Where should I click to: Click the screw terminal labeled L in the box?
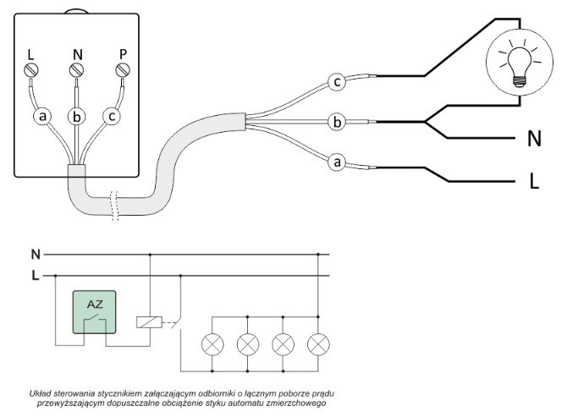coord(31,70)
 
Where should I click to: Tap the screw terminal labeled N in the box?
coord(76,70)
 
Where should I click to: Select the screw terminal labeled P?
coord(123,70)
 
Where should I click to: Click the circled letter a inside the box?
coord(42,117)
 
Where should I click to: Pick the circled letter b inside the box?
coord(76,117)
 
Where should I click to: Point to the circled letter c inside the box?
coord(112,117)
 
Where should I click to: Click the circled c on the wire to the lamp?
coord(337,82)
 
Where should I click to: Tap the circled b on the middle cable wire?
coord(337,122)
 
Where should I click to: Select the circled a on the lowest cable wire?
coord(337,162)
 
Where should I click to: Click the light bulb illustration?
coord(520,62)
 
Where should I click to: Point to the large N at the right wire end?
coord(534,139)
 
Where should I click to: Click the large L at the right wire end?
coord(534,181)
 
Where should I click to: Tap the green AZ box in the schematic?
coord(95,312)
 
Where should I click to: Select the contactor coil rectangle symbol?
coord(149,322)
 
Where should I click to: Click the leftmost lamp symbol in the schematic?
coord(212,344)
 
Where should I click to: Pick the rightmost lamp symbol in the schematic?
coord(318,344)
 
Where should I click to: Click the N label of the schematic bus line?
coord(36,255)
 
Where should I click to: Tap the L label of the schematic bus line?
coord(35,276)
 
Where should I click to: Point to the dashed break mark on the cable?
coord(114,206)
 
